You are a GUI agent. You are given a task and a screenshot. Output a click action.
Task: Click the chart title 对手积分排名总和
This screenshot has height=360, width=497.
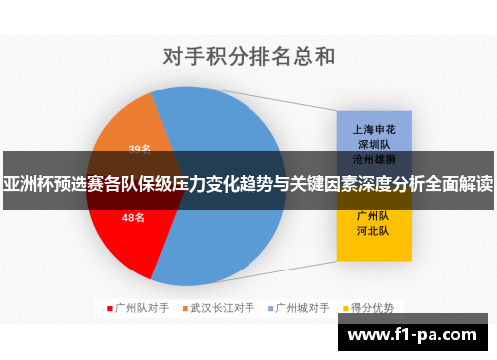coord(248,57)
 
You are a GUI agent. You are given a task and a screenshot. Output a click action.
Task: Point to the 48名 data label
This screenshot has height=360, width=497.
coord(133,216)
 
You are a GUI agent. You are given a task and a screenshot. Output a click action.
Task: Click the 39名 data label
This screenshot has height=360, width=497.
coord(139,149)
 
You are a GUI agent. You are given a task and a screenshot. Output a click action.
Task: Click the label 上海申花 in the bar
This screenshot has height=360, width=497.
coord(373,130)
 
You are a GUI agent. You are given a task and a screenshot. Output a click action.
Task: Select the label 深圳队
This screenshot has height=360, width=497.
coord(373,144)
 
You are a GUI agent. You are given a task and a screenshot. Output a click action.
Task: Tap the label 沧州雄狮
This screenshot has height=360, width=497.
coord(373,158)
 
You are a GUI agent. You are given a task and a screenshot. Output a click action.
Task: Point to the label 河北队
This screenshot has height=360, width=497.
coord(373,230)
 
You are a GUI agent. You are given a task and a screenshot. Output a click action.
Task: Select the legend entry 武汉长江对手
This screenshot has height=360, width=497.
coord(223,308)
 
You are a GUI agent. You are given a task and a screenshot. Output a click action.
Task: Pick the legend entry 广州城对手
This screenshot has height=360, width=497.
coord(302,308)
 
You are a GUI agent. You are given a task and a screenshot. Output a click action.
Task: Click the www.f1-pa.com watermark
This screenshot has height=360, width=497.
coord(417,334)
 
